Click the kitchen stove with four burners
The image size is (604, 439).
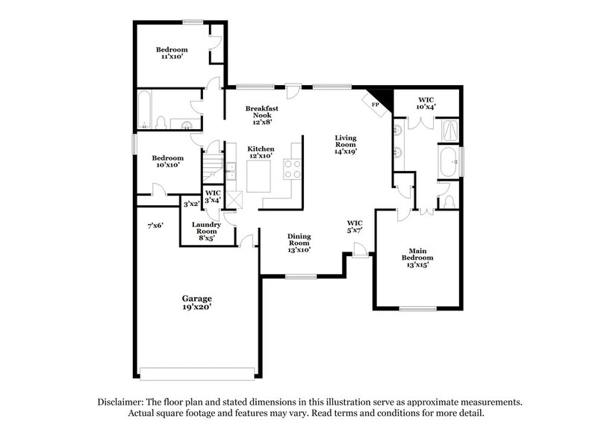coord(291,169)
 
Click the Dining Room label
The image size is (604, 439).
coord(299,242)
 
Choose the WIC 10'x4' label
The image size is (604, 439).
coord(426,102)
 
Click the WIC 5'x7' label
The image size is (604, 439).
coord(355,227)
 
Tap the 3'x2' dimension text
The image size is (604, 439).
coord(191,203)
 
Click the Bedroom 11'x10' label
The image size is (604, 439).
coord(172,53)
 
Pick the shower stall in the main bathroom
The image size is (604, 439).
coord(449,131)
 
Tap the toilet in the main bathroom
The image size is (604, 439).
coord(449,202)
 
